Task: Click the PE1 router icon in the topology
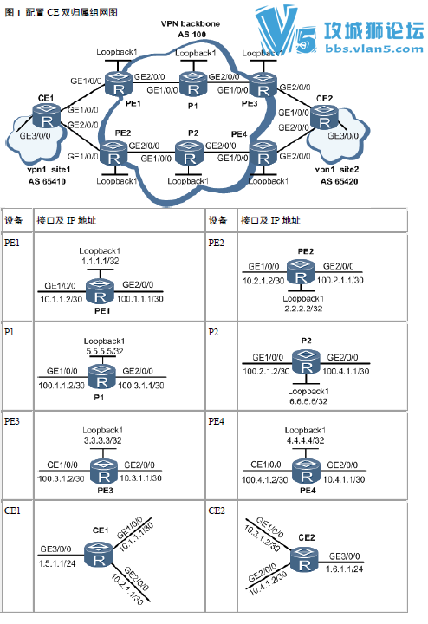tap(119, 83)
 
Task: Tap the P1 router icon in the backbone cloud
tap(193, 83)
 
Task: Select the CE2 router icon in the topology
tap(324, 117)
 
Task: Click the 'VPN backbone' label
tap(190, 24)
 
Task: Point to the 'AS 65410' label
tap(47, 181)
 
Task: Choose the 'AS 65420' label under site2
tap(340, 181)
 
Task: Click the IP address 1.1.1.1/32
tap(101, 261)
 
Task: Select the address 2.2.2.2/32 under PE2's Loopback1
tap(303, 309)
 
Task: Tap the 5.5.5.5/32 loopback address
tap(105, 351)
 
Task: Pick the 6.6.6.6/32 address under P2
tap(308, 401)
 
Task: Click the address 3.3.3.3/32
tap(102, 440)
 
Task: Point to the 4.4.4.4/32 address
tap(306, 440)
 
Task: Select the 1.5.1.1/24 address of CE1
tap(57, 563)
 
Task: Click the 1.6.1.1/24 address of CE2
tap(345, 569)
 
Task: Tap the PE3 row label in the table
tap(12, 421)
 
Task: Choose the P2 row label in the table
tap(213, 332)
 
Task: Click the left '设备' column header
tap(14, 220)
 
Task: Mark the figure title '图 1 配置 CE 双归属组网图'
tap(61, 12)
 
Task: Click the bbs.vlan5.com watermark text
tap(374, 49)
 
